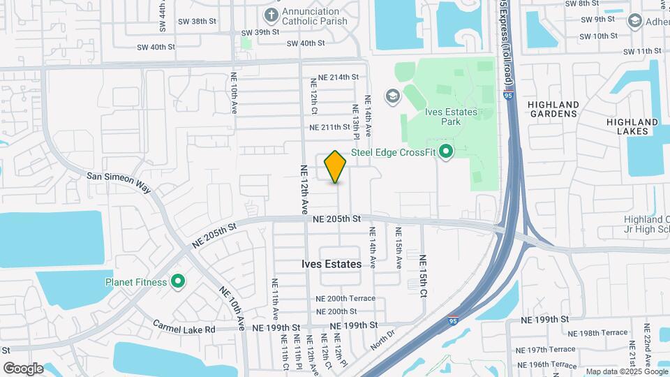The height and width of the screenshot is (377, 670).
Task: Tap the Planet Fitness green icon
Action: pos(178,282)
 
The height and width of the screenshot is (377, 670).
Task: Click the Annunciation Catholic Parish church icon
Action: pos(271,15)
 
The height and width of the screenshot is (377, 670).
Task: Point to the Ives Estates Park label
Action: pos(451,117)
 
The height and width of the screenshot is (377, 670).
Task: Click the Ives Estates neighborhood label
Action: pos(332,265)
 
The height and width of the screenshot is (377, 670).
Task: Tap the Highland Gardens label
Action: pos(553,110)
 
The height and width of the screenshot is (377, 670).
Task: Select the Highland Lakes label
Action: pos(632,126)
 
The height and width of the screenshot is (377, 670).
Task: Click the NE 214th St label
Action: pos(338,77)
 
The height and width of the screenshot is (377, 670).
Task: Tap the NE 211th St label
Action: pos(329,127)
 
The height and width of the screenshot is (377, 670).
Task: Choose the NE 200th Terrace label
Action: pos(345,299)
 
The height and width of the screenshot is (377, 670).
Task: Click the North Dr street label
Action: pos(382,338)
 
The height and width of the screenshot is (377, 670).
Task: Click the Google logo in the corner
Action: pos(23,368)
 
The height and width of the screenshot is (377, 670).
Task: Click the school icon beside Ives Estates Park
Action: pos(392,96)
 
